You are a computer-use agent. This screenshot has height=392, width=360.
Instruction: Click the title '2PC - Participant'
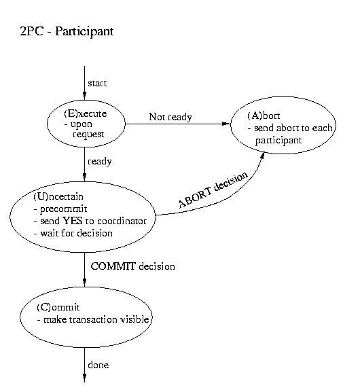[67, 32]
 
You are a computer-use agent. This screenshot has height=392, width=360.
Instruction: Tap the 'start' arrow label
[97, 84]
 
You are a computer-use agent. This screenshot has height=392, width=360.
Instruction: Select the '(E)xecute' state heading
[86, 113]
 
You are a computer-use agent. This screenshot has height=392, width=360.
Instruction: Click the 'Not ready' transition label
[170, 117]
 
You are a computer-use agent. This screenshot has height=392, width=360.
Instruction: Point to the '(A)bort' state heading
[264, 115]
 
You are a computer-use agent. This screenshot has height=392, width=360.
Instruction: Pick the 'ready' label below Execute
[99, 162]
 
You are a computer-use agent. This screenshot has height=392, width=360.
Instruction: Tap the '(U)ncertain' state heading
[58, 197]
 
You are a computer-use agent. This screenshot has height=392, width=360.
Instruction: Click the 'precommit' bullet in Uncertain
[63, 209]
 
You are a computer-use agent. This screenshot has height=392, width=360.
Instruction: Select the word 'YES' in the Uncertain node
[72, 221]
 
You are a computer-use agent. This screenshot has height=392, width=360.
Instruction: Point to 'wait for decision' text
[77, 233]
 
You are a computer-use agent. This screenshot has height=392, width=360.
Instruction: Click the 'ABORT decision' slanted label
[213, 190]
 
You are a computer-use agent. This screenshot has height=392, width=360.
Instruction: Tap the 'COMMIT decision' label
[132, 266]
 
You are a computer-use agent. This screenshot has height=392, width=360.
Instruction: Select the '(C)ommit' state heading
[58, 307]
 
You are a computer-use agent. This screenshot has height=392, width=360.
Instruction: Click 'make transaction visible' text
[96, 319]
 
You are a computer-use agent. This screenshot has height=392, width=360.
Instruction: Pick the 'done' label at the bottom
[98, 365]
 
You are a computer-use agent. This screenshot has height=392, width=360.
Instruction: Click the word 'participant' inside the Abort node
[278, 141]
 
